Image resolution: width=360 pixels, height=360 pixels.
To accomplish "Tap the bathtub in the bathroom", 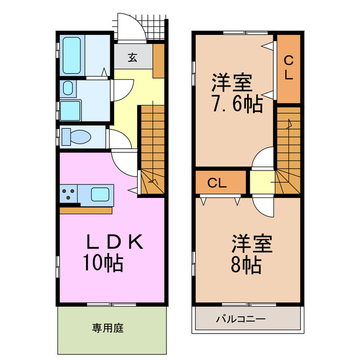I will coord(72,56).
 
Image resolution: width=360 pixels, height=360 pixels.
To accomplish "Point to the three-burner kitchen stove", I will coord(70,195).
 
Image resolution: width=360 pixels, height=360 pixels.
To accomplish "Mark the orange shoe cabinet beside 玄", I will coord(159,61).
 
